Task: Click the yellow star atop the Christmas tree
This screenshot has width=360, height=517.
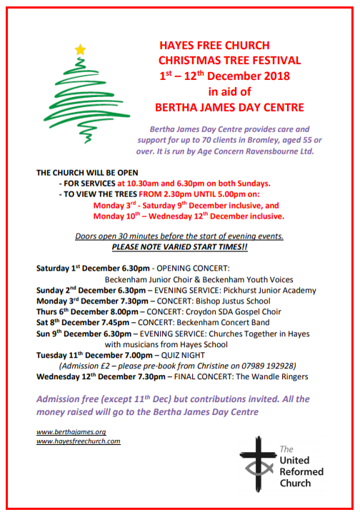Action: [80, 49]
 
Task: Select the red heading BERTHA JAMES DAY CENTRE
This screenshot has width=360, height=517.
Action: [229, 107]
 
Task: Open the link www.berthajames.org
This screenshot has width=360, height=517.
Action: [71, 432]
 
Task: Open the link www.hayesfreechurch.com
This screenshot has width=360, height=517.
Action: [78, 441]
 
